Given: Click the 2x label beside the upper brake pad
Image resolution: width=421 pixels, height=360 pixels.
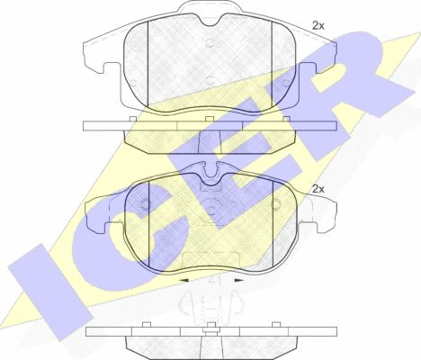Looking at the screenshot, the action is pyautogui.click(x=318, y=26).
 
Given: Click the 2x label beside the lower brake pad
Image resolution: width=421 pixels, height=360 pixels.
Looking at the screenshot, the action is pyautogui.click(x=318, y=189).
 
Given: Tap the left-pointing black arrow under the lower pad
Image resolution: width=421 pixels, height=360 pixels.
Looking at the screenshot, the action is pyautogui.click(x=184, y=280).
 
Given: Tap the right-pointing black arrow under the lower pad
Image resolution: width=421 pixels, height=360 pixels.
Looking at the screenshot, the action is pyautogui.click(x=239, y=280).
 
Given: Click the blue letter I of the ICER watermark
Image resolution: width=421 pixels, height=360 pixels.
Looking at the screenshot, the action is pyautogui.click(x=50, y=292).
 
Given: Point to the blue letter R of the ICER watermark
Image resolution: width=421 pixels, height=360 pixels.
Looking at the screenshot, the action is pyautogui.click(x=360, y=81).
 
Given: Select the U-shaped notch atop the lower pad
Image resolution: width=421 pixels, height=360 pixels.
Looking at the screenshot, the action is pyautogui.click(x=210, y=172).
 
